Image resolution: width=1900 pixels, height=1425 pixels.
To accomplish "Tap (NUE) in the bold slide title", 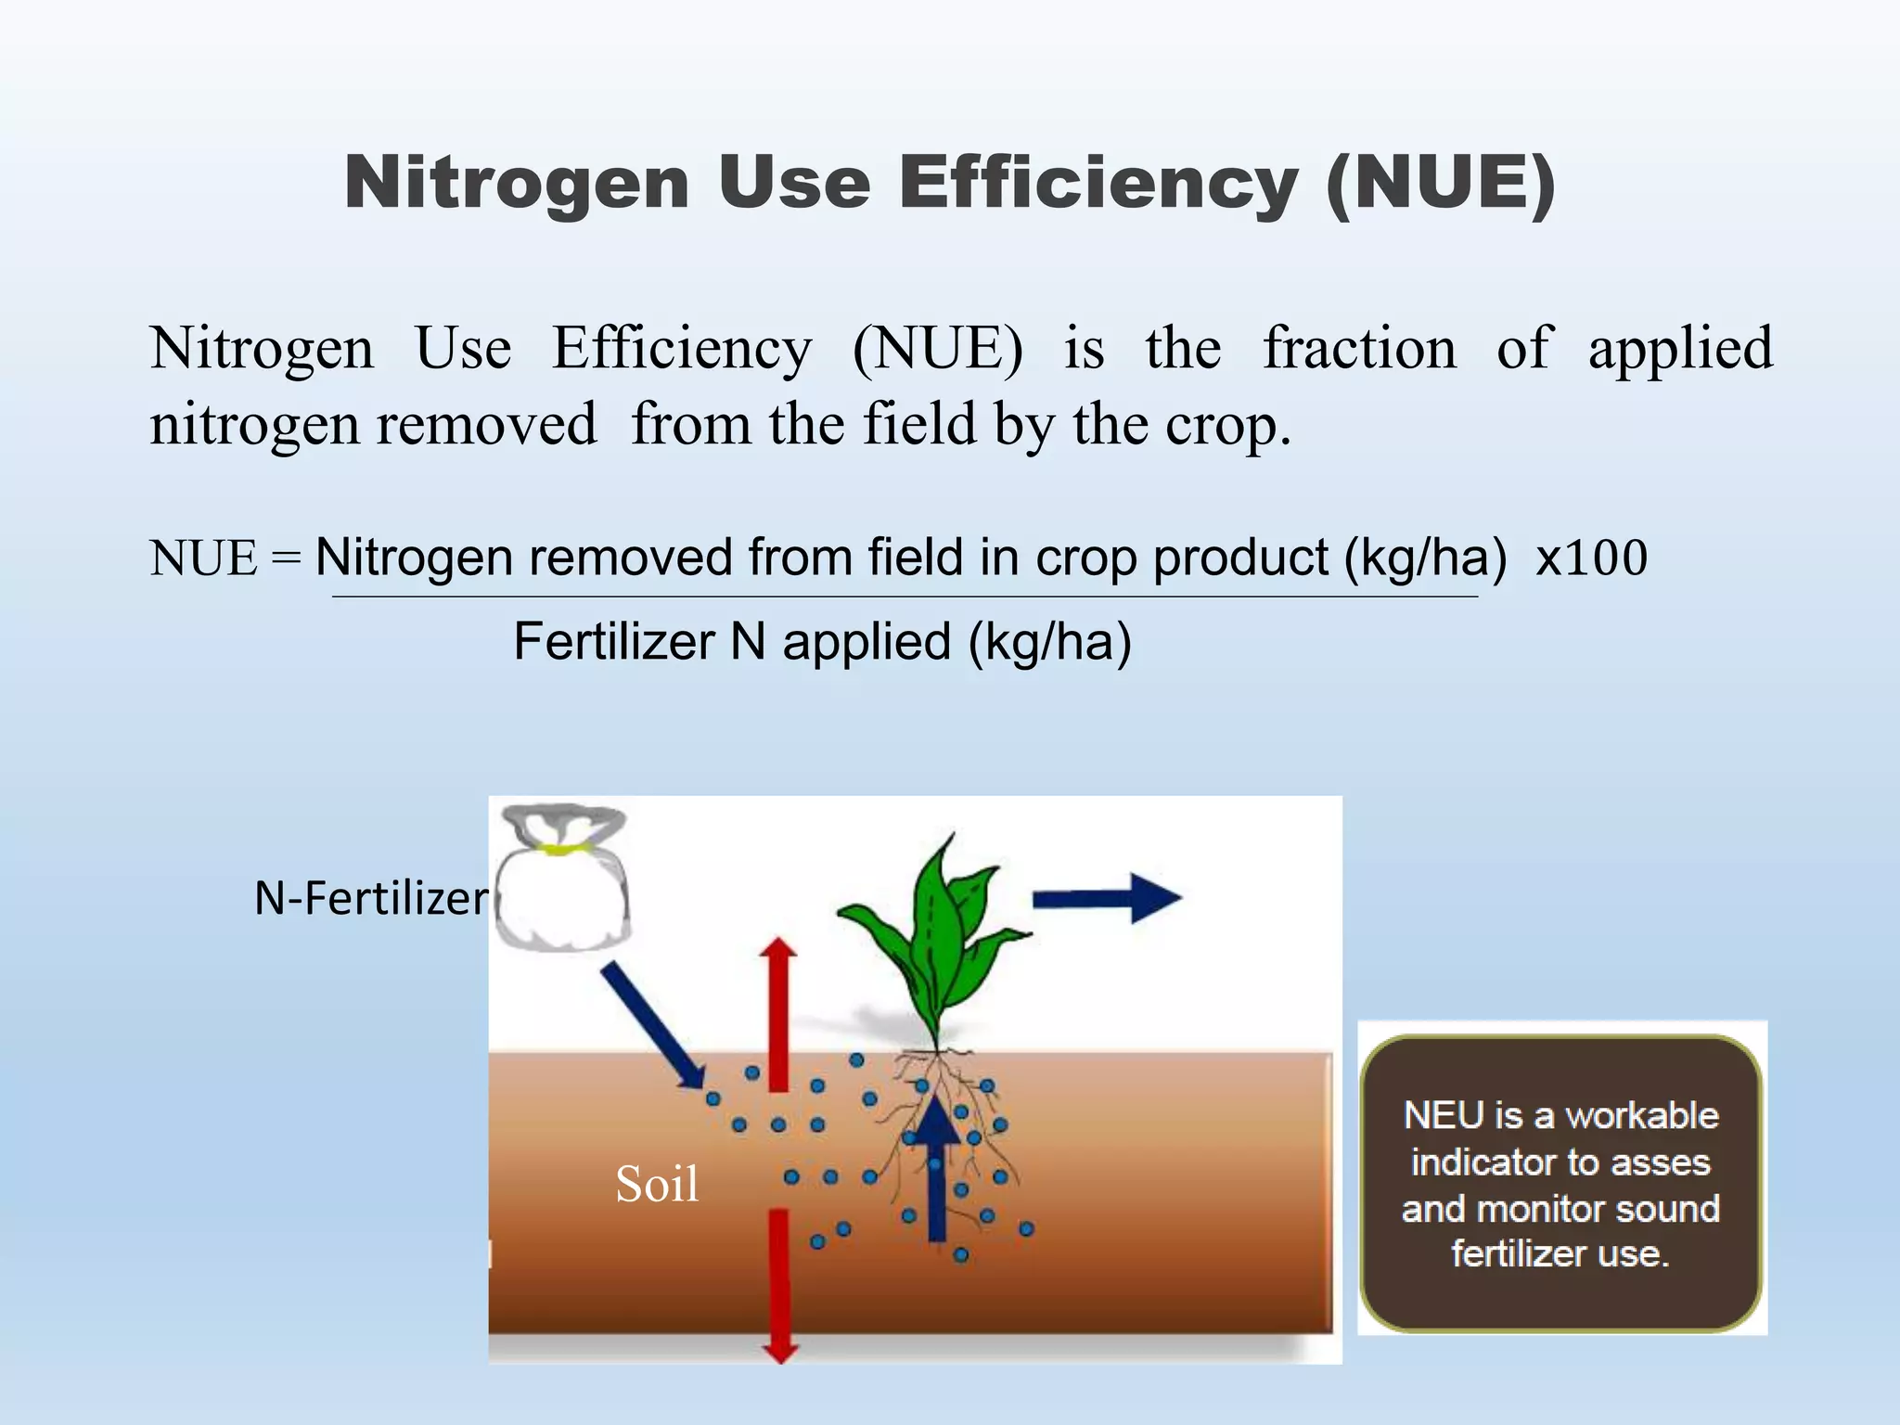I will [x=1441, y=183].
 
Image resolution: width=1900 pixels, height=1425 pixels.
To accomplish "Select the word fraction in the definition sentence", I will [x=1359, y=349].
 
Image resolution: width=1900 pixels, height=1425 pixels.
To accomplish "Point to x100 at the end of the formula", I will [x=1591, y=558].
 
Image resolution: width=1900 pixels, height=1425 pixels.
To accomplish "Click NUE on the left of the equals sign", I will [x=204, y=558].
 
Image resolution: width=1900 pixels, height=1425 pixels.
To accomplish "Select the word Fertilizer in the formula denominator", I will [x=614, y=642].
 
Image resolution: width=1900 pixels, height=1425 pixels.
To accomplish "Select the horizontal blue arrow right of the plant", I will [x=1106, y=897].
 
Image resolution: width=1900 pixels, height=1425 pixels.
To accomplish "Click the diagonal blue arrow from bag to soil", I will [x=653, y=1024].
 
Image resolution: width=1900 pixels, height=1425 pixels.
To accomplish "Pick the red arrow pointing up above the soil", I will [x=778, y=1011].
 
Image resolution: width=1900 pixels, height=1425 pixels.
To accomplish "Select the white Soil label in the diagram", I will [x=657, y=1185].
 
